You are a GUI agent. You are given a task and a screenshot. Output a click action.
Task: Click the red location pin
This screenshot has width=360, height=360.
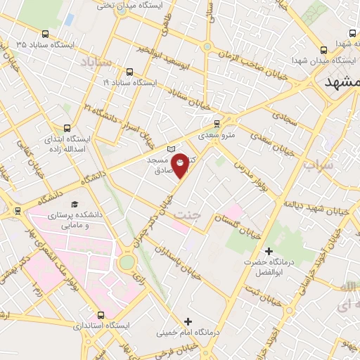point(181,163)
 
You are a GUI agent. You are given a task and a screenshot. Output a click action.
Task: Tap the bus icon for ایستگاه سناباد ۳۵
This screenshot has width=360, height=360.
point(46,33)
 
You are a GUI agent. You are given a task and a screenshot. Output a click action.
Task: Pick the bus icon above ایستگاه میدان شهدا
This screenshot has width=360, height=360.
point(323,49)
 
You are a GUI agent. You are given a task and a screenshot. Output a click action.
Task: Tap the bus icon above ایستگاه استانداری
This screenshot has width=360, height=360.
point(101,314)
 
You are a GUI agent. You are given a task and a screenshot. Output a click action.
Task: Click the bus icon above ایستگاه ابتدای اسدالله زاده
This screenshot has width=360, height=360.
point(67,128)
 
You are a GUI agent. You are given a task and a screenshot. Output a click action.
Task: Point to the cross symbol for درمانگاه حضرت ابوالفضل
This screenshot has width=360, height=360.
point(268,251)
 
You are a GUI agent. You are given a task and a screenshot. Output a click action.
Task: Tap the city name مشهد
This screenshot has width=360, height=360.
point(342,82)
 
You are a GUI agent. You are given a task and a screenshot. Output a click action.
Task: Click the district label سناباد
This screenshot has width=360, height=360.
point(96,64)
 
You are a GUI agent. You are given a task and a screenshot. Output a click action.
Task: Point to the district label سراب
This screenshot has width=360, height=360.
point(318,167)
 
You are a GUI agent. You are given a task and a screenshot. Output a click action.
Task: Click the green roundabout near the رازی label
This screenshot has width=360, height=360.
point(127,262)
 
